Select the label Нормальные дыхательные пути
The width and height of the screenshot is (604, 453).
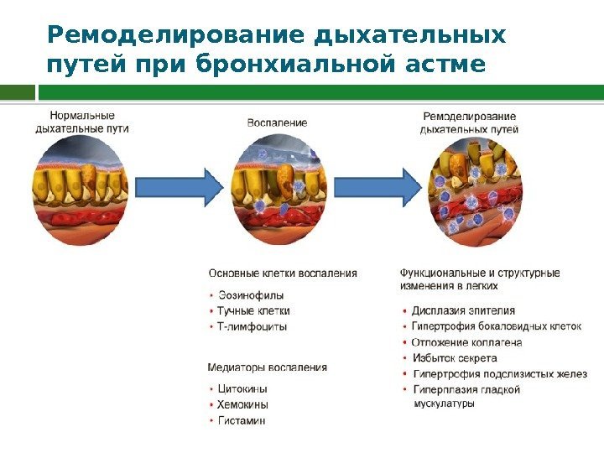click(81, 122)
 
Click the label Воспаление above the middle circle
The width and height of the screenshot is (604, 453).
click(277, 122)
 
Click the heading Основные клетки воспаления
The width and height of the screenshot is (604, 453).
click(282, 273)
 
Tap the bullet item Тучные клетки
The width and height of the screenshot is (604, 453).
click(253, 310)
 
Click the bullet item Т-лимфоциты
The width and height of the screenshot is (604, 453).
click(252, 326)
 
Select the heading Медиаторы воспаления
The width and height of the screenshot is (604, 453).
click(267, 367)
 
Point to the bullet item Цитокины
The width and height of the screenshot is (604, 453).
click(242, 390)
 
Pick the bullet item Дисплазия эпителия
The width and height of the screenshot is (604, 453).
click(463, 310)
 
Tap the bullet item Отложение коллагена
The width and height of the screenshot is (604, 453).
click(466, 342)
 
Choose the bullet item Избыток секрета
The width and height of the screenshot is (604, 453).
click(454, 358)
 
